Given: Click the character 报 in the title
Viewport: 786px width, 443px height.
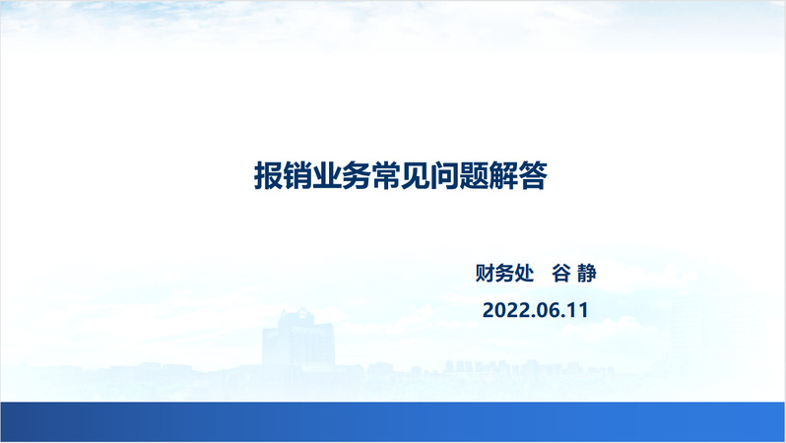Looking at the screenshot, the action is [269, 176].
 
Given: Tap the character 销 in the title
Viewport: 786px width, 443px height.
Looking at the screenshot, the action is [297, 176].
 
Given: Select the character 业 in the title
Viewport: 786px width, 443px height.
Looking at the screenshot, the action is [327, 176].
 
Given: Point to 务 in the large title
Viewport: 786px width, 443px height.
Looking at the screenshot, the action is [357, 176].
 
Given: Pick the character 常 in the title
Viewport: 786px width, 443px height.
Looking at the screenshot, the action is [386, 176].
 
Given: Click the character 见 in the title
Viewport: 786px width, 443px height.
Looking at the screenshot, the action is [415, 176].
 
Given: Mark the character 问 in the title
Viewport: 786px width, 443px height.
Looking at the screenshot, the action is [444, 176].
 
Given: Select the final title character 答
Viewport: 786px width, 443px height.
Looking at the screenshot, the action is [532, 176].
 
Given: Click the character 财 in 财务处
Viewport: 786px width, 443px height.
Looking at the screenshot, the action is [485, 273].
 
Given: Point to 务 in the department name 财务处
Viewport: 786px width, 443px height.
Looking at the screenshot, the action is [504, 273].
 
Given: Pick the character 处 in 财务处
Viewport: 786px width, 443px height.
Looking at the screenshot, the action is [524, 273].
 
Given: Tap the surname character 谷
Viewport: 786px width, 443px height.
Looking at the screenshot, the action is [560, 273].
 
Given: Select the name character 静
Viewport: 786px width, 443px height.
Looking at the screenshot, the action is [586, 273].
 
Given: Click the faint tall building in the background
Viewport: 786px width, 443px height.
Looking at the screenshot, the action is [298, 339].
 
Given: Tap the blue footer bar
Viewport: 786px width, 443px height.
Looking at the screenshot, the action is [393, 421].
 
